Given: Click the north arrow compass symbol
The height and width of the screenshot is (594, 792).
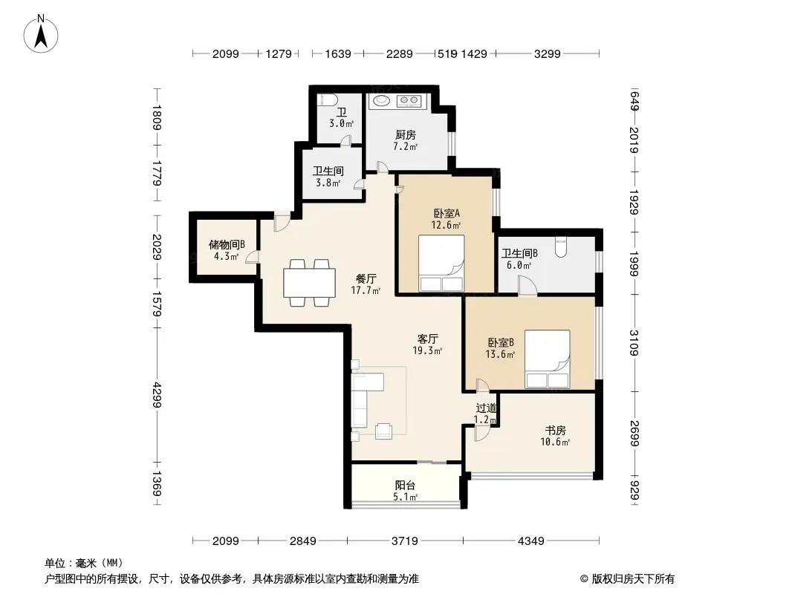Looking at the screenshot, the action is (41, 34).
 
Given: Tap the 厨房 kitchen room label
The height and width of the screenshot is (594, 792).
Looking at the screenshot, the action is (406, 134).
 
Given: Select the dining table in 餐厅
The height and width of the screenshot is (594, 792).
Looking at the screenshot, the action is (309, 283).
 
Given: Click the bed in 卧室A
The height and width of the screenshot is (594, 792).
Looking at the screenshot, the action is (441, 263).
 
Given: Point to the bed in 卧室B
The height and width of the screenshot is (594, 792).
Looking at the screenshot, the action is (548, 359).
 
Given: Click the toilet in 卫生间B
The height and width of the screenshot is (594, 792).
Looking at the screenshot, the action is (561, 247).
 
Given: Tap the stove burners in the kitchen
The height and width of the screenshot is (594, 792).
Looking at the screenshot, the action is (408, 100).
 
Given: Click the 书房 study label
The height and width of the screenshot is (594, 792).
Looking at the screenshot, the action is (555, 431).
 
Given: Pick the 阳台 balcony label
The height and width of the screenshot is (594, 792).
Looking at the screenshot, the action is (405, 486).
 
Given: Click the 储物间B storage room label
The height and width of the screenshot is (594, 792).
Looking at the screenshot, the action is (227, 245).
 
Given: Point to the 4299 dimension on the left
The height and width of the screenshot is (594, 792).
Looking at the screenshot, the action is (157, 395).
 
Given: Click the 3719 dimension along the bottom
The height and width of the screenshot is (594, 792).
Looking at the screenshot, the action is (405, 541).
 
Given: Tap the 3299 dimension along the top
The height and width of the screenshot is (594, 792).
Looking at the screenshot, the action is (548, 53).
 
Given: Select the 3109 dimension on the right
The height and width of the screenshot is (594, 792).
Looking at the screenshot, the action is (634, 343).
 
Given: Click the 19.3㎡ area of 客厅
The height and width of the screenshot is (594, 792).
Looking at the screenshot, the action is (427, 350).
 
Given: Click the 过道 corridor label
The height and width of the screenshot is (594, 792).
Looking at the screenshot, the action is (487, 408).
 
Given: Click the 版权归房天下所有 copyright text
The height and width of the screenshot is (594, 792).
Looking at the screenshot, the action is (633, 579).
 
